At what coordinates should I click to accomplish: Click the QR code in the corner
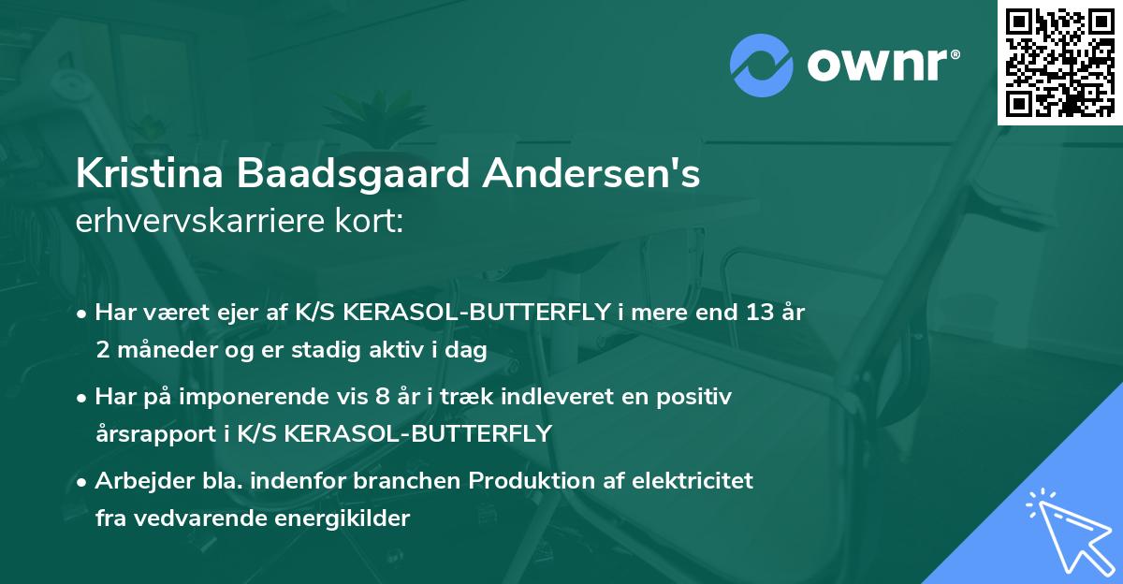click(1059, 62)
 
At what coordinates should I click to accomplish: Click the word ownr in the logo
click(881, 64)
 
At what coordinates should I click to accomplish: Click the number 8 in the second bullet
click(381, 397)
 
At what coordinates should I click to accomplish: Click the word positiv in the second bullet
click(698, 397)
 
